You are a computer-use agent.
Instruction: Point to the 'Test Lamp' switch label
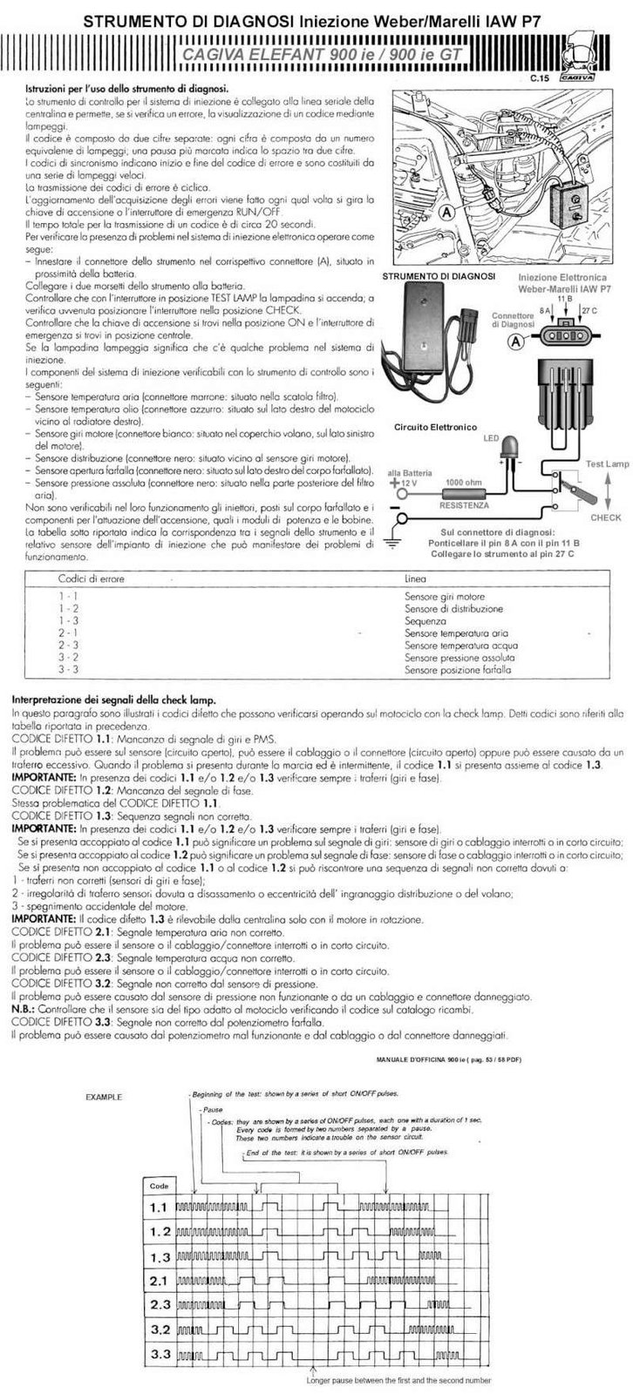(x=607, y=464)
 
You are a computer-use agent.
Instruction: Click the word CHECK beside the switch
(x=606, y=518)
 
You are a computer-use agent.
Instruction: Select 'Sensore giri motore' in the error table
(x=445, y=597)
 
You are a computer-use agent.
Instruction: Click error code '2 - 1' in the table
(x=68, y=633)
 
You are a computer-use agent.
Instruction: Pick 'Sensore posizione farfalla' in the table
(x=458, y=670)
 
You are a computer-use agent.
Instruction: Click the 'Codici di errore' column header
(x=92, y=579)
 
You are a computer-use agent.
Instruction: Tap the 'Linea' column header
(x=416, y=579)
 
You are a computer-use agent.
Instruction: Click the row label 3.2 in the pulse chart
(x=159, y=1330)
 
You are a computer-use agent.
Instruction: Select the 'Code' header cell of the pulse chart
(x=159, y=1186)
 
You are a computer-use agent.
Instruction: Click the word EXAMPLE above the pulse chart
(x=104, y=1097)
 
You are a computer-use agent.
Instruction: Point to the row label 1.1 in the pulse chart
(x=159, y=1208)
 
